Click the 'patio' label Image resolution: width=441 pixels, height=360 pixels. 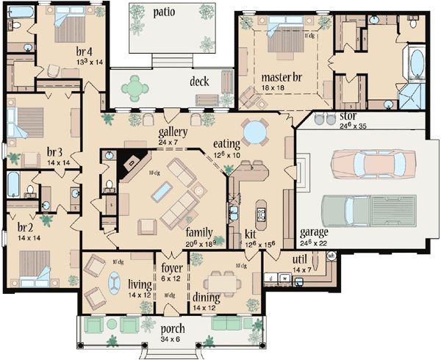[x=165, y=12]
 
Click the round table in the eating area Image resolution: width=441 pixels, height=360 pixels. [x=255, y=132]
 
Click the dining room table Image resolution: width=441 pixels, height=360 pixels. [x=221, y=281]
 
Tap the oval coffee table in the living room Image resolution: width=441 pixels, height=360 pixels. [x=115, y=282]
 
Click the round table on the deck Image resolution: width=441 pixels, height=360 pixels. [x=135, y=88]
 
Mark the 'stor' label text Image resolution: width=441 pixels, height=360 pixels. [x=347, y=117]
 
